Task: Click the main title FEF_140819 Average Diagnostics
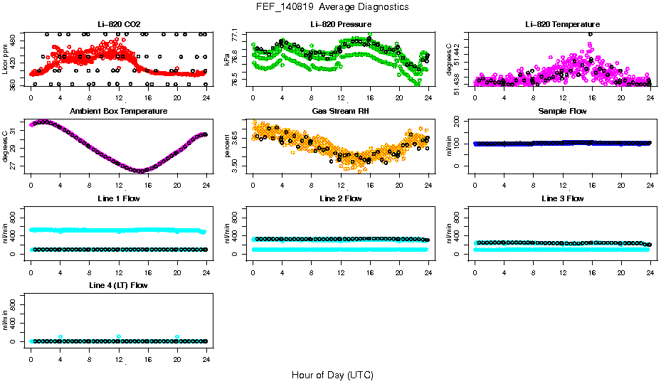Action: click(x=332, y=6)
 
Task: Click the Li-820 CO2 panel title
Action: click(x=119, y=24)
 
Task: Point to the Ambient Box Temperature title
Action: click(x=119, y=111)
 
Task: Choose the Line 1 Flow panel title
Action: click(x=119, y=198)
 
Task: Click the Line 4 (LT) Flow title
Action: click(x=119, y=285)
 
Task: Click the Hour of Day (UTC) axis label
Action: click(x=332, y=375)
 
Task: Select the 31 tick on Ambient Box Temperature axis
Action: click(x=15, y=132)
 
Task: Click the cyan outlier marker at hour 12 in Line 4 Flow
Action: click(x=119, y=336)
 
